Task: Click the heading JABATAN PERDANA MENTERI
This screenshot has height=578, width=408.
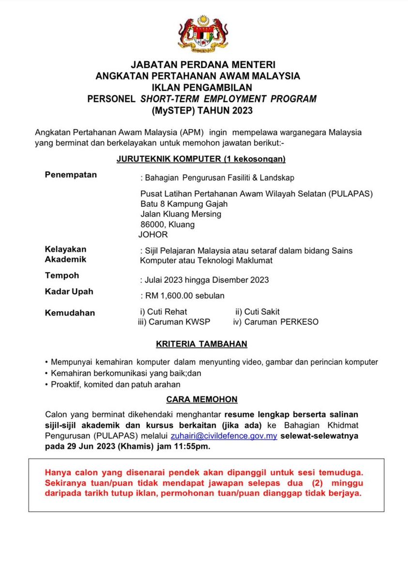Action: (203, 64)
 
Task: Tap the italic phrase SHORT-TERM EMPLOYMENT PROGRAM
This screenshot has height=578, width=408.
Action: (228, 99)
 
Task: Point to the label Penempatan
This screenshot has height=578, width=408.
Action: (71, 175)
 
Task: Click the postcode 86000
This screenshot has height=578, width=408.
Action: (152, 225)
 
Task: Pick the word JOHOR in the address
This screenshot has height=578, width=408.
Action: (153, 235)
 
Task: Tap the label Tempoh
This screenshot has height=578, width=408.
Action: (61, 275)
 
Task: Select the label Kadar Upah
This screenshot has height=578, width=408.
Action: (69, 292)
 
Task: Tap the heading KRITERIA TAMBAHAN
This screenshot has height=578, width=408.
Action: (201, 344)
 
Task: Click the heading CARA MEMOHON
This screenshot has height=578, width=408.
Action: (202, 399)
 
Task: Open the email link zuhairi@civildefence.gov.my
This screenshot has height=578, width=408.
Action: (224, 436)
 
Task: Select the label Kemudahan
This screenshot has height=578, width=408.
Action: (70, 313)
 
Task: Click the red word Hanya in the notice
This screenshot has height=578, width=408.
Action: (57, 472)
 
